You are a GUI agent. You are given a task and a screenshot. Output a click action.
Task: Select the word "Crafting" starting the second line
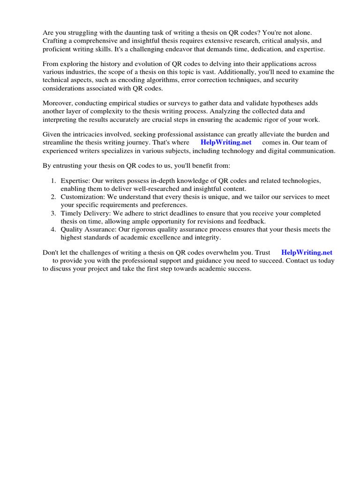point(56,41)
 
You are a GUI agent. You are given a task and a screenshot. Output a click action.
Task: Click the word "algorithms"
point(163,80)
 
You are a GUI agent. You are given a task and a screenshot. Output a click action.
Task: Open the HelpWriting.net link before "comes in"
point(226,142)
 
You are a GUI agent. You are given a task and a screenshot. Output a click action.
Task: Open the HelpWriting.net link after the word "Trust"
point(307,253)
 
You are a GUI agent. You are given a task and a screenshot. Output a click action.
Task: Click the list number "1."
point(53,181)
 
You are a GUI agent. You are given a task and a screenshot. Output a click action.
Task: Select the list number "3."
point(53,213)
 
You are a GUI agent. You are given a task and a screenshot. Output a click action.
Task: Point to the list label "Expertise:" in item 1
point(75,181)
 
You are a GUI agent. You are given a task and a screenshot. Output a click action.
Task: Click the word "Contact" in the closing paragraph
point(297,261)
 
